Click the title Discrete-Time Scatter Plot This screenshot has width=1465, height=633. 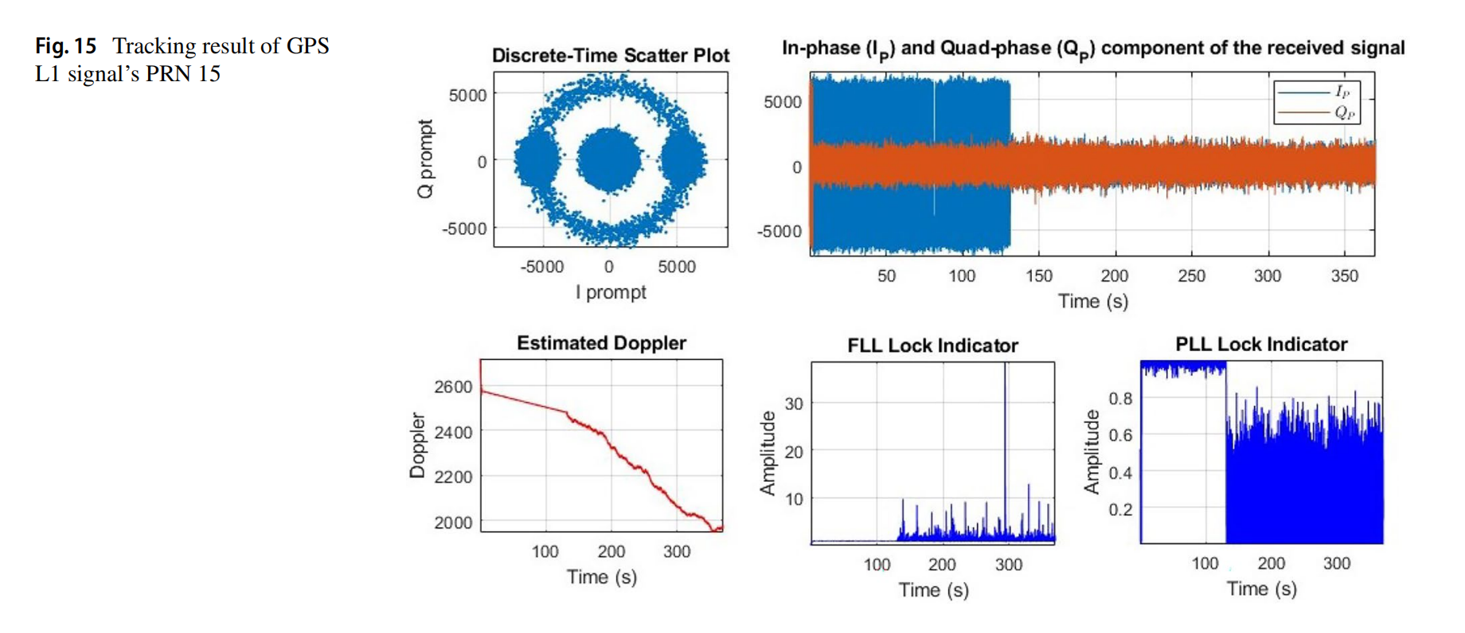point(610,55)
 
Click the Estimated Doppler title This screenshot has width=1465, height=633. point(601,343)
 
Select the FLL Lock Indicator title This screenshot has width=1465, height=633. point(932,346)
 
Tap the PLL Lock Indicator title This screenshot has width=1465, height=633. point(1261,344)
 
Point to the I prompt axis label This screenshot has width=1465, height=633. point(611,292)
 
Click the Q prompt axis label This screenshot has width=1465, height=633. point(426,159)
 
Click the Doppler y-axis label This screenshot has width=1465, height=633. point(417,445)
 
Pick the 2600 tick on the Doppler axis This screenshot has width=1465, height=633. point(453,387)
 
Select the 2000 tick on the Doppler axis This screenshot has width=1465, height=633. point(453,523)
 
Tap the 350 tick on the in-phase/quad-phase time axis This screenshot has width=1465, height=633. point(1344,275)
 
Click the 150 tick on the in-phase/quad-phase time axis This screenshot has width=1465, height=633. point(1038,275)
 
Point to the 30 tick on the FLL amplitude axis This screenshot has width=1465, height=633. point(794,404)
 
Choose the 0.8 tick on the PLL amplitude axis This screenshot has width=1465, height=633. point(1120,398)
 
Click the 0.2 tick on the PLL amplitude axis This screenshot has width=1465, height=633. point(1120,510)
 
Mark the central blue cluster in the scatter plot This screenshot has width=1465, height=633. point(609,160)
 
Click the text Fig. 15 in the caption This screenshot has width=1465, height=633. point(65,46)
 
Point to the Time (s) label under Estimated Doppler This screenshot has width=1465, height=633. point(601,576)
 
